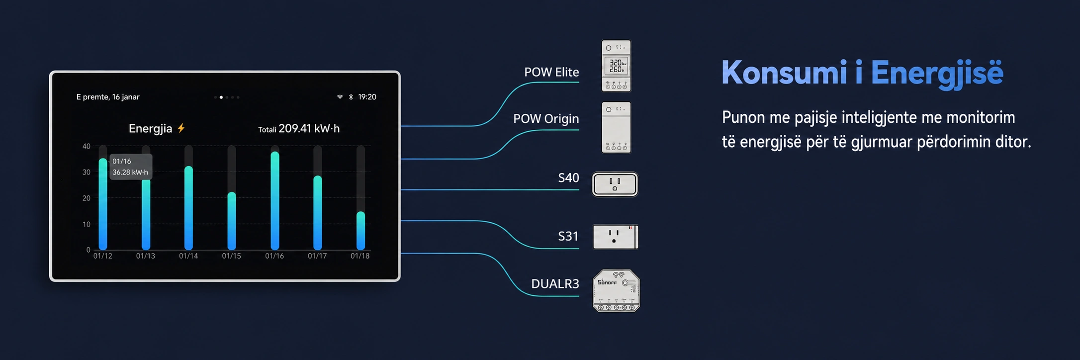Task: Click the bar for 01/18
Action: pos(360,231)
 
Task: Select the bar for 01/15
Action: pos(232,221)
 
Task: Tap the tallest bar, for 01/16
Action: pos(275,200)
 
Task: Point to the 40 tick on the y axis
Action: pos(87,146)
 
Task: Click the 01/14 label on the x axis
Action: pos(188,256)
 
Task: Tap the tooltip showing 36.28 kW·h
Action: pos(131,167)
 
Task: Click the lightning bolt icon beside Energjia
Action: pos(181,128)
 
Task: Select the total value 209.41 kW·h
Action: pos(309,129)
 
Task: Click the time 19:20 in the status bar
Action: pos(367,97)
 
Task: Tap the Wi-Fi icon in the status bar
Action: pos(340,97)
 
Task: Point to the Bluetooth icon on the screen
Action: pos(351,97)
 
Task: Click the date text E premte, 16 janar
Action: pos(108,97)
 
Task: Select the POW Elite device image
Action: pos(616,66)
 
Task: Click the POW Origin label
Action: pos(546,119)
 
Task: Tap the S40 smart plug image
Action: pos(615,184)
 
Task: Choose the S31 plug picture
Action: pos(615,237)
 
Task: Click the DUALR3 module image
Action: pos(616,291)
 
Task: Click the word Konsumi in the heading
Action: pos(784,73)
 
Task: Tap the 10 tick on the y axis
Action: pos(87,224)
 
